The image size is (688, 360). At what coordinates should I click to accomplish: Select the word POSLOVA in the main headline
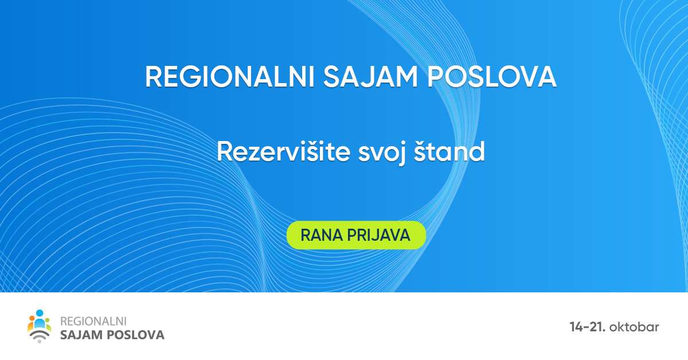[x=492, y=77]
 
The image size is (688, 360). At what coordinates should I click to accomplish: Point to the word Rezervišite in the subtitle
[x=283, y=152]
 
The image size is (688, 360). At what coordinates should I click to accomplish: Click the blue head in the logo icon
[x=40, y=313]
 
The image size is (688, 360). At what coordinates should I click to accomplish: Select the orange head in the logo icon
[x=32, y=319]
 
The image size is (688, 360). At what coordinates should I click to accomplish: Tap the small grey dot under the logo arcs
[x=40, y=342]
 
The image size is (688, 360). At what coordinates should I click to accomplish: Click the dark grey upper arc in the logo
[x=40, y=332]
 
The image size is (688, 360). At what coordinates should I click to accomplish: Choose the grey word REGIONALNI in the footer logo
[x=93, y=322]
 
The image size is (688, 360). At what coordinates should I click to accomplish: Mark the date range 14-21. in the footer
[x=588, y=327]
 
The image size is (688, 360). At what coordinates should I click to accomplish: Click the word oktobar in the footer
[x=635, y=327]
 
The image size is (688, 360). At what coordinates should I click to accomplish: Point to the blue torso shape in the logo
[x=40, y=324]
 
